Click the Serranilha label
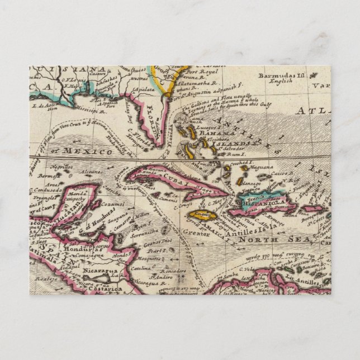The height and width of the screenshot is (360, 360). coord(141,236)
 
